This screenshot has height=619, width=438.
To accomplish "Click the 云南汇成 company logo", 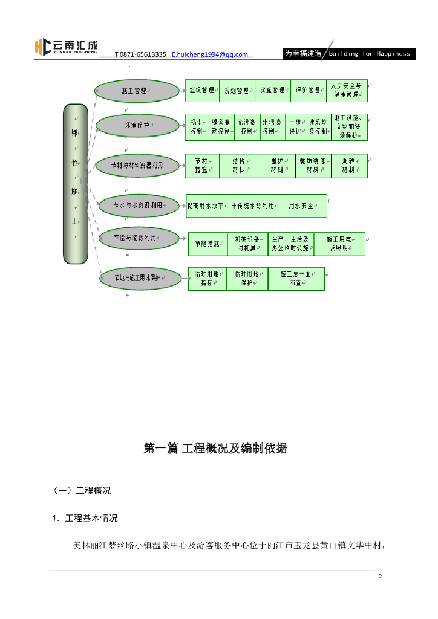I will coord(67,47).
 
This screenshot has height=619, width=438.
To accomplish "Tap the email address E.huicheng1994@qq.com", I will coord(210,54).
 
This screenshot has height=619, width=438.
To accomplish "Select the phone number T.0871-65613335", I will coord(140,54).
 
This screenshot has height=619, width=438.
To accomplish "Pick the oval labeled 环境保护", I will coord(137,126).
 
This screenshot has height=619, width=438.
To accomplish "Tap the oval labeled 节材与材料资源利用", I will coord(137,164).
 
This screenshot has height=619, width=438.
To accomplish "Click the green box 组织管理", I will coord(201,91).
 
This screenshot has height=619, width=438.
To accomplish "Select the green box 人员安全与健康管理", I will coord(347,91).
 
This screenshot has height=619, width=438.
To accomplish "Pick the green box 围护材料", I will coord(278,166).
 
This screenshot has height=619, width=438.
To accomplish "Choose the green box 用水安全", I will coord(304,206).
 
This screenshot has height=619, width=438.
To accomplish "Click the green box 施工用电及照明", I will coord(339,244).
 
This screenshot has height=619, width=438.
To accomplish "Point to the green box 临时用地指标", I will coord(207,279).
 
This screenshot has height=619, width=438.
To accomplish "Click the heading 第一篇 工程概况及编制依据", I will coord(215,449).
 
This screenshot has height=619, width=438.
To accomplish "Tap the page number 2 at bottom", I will coord(381,577).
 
